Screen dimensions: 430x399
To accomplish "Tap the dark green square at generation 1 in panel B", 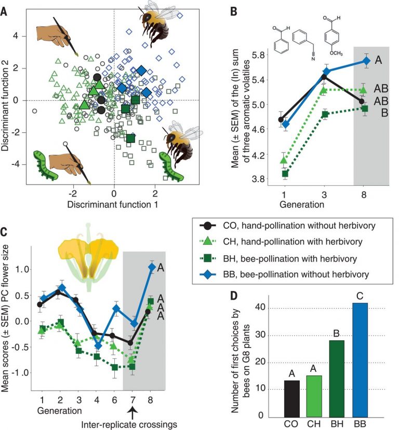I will coord(285,174).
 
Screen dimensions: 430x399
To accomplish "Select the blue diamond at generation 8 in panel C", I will coord(152,267).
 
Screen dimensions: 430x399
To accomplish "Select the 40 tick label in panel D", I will coord(270,308).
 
